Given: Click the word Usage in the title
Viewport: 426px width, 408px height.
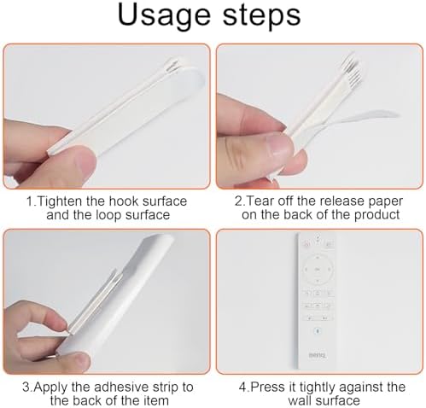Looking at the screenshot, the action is (163, 16).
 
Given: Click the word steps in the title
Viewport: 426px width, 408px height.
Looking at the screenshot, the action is (261, 15).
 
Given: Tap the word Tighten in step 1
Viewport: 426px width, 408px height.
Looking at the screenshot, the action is (59, 202).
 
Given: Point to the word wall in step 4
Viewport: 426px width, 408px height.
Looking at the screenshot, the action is (299, 400).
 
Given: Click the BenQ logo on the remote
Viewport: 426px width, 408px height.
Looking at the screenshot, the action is (317, 355).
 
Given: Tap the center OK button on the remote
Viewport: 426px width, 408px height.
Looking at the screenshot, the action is (318, 269).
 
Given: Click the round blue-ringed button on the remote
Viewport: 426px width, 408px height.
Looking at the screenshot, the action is (318, 331).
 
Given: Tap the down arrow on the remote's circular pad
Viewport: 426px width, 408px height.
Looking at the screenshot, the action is (318, 281).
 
